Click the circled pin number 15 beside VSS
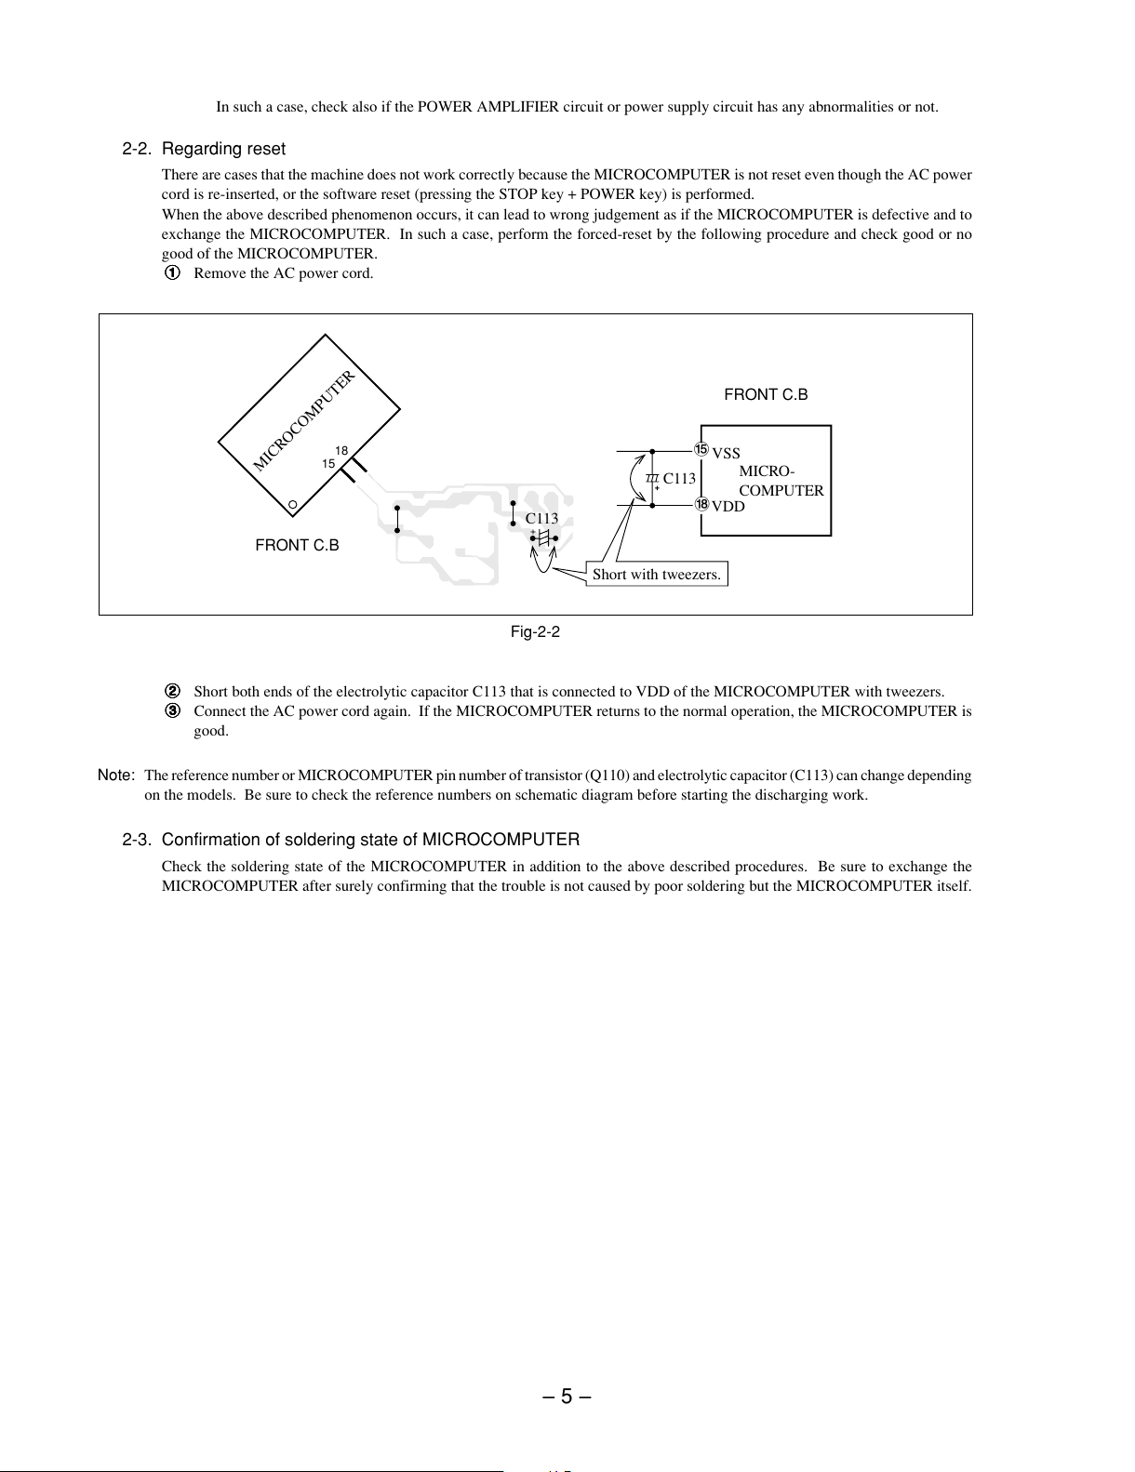(x=701, y=449)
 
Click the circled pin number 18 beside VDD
(x=701, y=504)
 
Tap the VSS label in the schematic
(x=726, y=453)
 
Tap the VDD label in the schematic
(x=728, y=507)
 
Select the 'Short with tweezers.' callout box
(x=657, y=574)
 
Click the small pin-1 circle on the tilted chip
(x=293, y=505)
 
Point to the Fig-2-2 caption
(x=535, y=632)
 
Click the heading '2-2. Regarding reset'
(x=204, y=149)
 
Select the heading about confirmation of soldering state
(x=351, y=840)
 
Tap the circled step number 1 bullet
(x=173, y=273)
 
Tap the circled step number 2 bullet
(x=173, y=691)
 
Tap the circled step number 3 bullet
(x=173, y=710)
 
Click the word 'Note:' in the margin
(x=116, y=775)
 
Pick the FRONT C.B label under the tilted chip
(x=297, y=545)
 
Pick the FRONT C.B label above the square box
(x=766, y=395)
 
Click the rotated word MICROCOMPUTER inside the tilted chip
(x=303, y=420)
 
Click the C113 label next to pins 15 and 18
(x=679, y=478)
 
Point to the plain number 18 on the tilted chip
(x=341, y=450)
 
